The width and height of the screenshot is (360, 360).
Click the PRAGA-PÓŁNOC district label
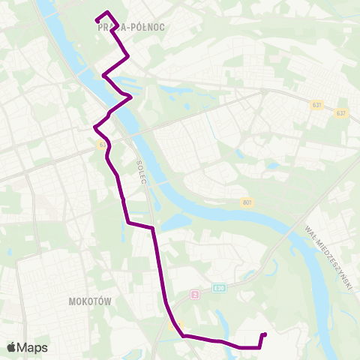pyautogui.click(x=131, y=27)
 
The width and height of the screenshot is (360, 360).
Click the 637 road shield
pyautogui.click(x=342, y=113)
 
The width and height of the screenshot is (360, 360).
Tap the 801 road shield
pyautogui.click(x=247, y=202)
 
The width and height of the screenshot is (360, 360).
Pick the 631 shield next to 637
pyautogui.click(x=317, y=105)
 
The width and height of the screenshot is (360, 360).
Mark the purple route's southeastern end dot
pyautogui.click(x=265, y=334)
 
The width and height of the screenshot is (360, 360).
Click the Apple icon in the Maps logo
pyautogui.click(x=11, y=346)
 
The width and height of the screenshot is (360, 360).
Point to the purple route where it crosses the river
pyautogui.click(x=120, y=105)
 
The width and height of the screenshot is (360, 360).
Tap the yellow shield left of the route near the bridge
pyautogui.click(x=101, y=145)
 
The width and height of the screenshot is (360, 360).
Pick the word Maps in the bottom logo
pyautogui.click(x=33, y=347)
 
